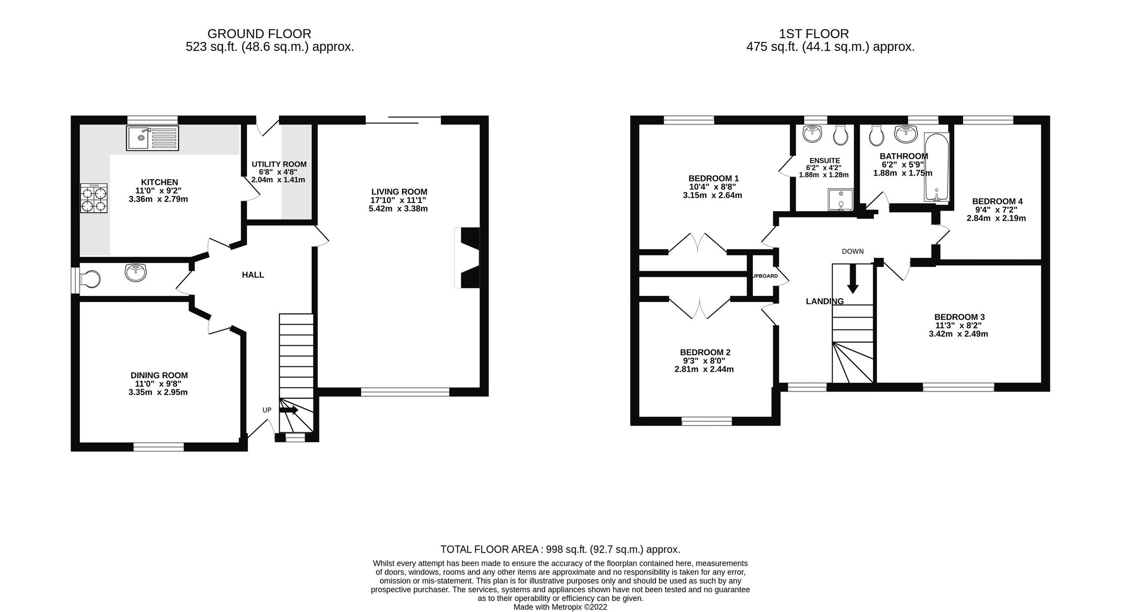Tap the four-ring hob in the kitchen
94,198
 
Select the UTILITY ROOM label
279,164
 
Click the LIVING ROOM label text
399,192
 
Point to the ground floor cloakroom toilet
90,280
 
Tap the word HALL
253,275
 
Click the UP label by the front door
267,410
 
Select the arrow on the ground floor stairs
289,410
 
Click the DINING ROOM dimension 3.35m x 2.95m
158,392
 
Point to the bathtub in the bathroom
936,167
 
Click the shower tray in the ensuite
840,199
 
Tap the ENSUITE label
824,161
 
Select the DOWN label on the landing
852,252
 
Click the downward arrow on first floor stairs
853,279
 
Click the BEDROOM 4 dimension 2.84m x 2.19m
996,218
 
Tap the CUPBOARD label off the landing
765,276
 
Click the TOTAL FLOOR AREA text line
560,549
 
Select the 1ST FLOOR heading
814,34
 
